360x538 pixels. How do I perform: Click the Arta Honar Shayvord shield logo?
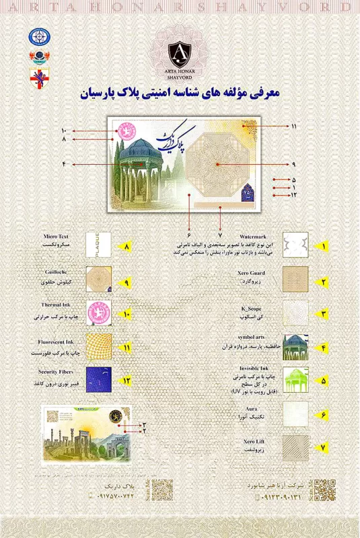click(x=179, y=51)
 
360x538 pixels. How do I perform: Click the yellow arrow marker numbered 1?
click(x=324, y=247)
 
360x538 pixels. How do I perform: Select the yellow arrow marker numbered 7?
click(x=324, y=447)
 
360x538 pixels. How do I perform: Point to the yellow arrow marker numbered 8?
click(x=125, y=247)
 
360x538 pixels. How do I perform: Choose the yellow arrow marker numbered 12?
click(x=125, y=380)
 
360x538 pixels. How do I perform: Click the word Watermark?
click(x=252, y=237)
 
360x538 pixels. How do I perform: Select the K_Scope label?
click(x=254, y=307)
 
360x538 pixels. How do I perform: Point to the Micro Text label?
click(x=57, y=237)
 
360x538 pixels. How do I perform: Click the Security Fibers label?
click(x=52, y=372)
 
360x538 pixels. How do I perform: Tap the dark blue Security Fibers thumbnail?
click(x=98, y=380)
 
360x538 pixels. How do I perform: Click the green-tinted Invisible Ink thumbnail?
click(x=295, y=379)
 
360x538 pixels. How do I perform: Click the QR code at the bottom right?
click(x=324, y=489)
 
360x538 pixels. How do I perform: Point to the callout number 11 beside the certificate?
click(x=293, y=126)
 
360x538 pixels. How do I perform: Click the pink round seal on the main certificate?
click(x=124, y=131)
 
